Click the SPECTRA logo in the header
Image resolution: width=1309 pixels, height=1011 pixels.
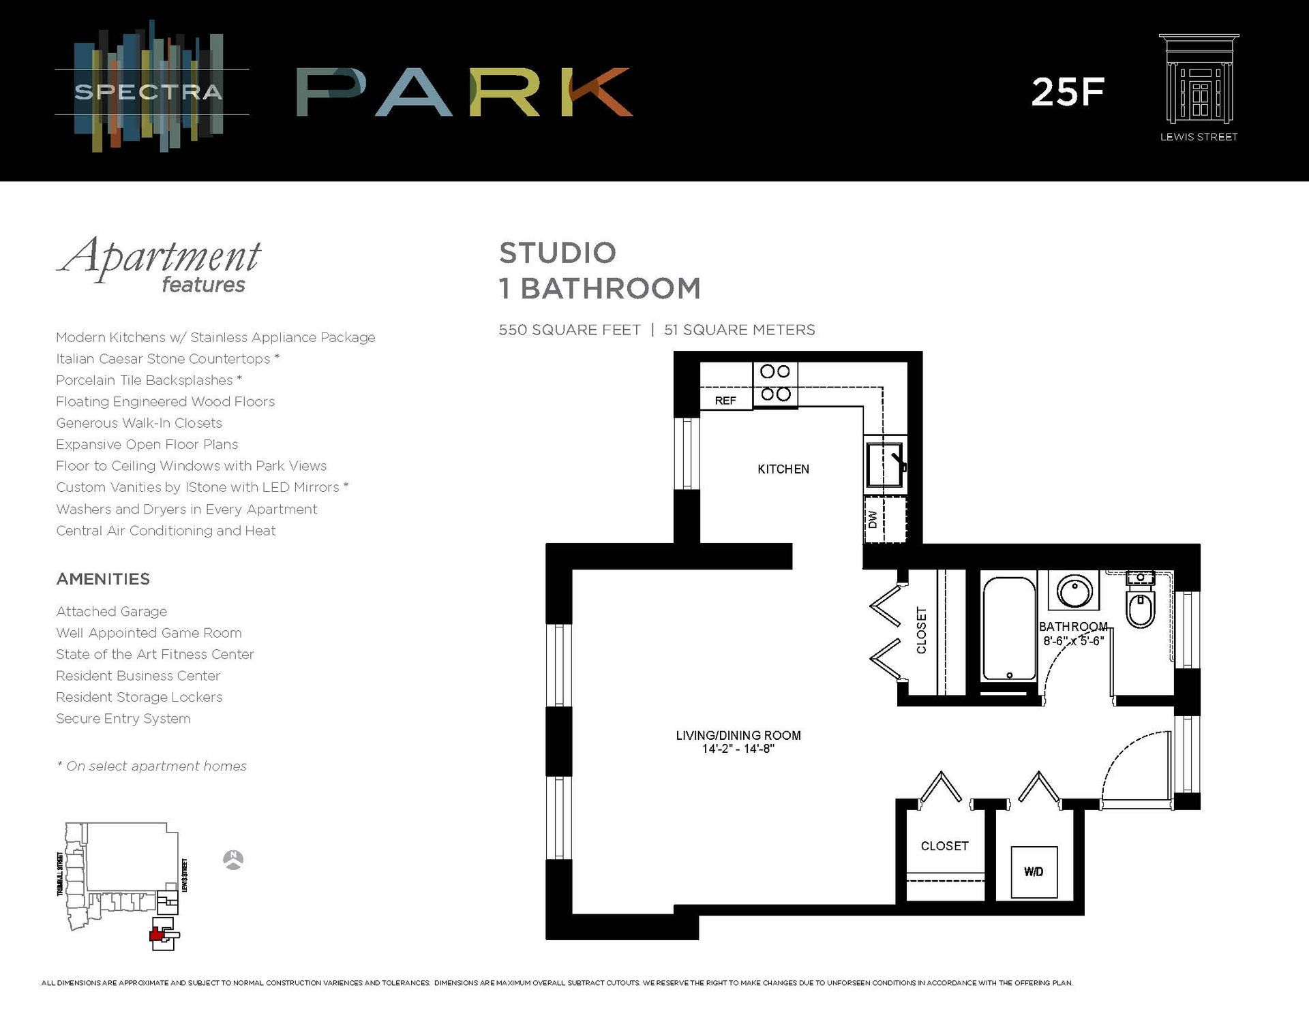(x=149, y=91)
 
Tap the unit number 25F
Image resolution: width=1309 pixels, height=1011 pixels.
(x=1067, y=92)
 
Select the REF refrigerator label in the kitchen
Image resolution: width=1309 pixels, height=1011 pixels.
(x=725, y=401)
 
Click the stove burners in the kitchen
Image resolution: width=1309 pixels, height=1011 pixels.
(x=775, y=383)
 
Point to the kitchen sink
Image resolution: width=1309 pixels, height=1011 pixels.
(x=884, y=464)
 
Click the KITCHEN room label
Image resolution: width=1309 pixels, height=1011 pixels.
(x=783, y=469)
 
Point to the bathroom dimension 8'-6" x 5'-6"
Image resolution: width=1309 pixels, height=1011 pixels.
(x=1073, y=641)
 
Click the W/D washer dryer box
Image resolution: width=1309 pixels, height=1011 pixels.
(x=1034, y=871)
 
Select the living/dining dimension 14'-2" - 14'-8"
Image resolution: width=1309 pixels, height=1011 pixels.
(x=738, y=749)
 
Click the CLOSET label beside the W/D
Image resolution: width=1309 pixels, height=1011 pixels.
(x=944, y=846)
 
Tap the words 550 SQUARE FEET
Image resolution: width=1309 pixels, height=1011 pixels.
(x=569, y=330)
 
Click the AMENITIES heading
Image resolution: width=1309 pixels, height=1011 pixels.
(x=103, y=579)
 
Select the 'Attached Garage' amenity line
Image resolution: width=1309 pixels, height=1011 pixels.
(x=112, y=612)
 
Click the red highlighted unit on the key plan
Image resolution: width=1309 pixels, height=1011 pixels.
(x=158, y=935)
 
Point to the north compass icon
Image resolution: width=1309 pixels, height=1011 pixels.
(x=233, y=860)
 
